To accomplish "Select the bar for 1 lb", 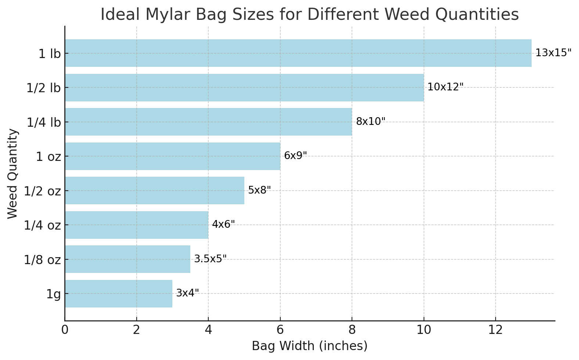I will click(x=298, y=53).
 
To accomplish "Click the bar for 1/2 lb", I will click(x=244, y=87).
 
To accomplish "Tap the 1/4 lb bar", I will click(x=208, y=122).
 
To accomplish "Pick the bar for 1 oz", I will click(x=172, y=156).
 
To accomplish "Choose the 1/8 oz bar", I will click(x=127, y=259).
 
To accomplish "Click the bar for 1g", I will click(x=118, y=294).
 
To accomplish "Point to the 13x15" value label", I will click(x=553, y=53).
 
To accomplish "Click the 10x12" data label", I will click(x=445, y=87).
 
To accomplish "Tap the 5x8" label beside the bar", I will click(x=259, y=190).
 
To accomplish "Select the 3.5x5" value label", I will click(x=210, y=259).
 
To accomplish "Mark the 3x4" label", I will click(x=187, y=293).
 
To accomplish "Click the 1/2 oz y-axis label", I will click(x=42, y=191).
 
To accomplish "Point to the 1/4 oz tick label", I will click(x=42, y=225).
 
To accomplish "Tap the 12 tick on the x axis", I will click(x=496, y=330).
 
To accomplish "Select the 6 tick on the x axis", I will click(x=280, y=330).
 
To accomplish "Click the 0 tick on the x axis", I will click(x=65, y=330).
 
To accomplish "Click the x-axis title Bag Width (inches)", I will click(x=309, y=346).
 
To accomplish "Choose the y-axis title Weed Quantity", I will click(x=12, y=173).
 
